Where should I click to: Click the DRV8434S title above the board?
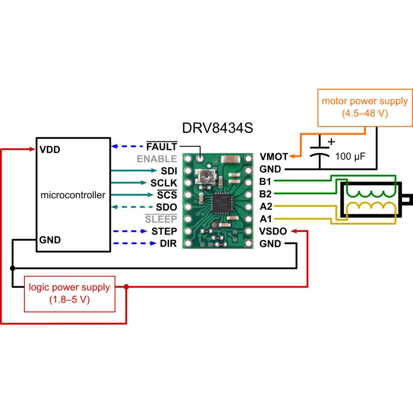click(x=217, y=128)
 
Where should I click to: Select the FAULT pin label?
click(x=162, y=147)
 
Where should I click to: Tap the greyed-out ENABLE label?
click(x=157, y=159)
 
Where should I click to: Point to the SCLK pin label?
click(x=164, y=183)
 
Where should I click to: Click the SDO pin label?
click(x=166, y=207)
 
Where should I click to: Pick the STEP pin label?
click(x=164, y=231)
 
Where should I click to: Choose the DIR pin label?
click(x=168, y=244)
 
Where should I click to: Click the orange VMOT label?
click(x=273, y=157)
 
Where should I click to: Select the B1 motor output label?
click(x=266, y=181)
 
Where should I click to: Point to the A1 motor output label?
click(x=266, y=219)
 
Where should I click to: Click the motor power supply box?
click(x=365, y=107)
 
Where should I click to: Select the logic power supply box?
click(x=69, y=293)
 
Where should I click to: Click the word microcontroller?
click(x=73, y=195)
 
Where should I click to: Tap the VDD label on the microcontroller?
click(x=50, y=150)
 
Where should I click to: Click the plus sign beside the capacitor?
click(x=331, y=142)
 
